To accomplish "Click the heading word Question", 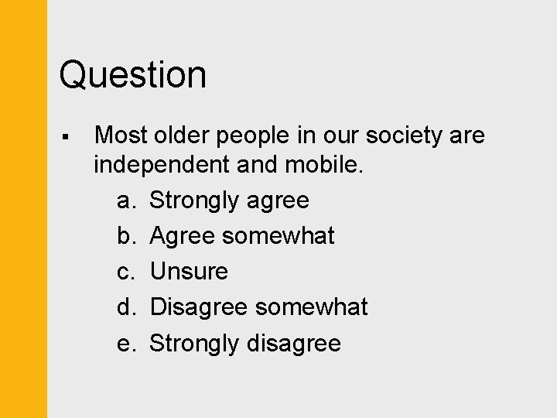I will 133,75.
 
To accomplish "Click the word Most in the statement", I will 121,135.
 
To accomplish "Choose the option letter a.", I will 127,200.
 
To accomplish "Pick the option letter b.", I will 127,235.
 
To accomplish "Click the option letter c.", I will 127,272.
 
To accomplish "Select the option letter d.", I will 127,307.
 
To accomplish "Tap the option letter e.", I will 127,343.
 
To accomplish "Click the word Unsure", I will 189,272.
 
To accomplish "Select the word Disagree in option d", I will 199,307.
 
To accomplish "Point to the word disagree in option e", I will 293,343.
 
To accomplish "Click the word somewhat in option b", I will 278,235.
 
